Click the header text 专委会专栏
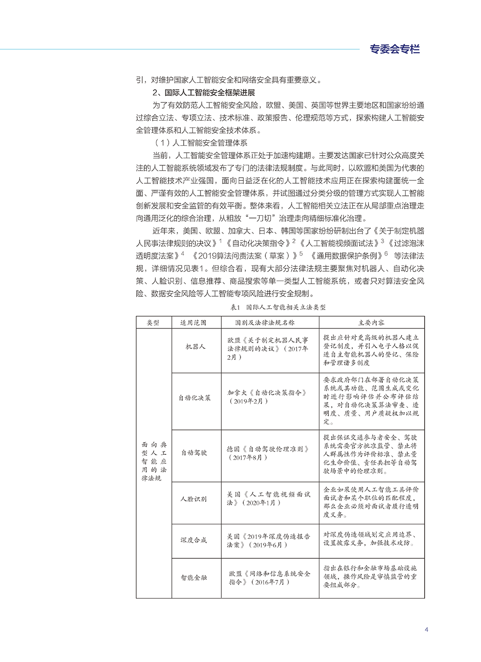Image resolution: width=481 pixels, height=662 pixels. pyautogui.click(x=395, y=49)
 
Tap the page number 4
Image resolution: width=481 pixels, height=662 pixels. pyautogui.click(x=426, y=630)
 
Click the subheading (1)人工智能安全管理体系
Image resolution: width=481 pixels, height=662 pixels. pyautogui.click(x=201, y=143)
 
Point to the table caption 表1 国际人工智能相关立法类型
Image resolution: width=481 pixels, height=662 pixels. pyautogui.click(x=278, y=307)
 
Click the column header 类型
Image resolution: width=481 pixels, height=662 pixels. pyautogui.click(x=154, y=322)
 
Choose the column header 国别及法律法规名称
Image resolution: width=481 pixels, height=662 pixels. pyautogui.click(x=270, y=322)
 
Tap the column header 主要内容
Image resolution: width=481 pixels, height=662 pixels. pyautogui.click(x=372, y=322)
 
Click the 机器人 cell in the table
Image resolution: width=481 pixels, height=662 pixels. pyautogui.click(x=196, y=347)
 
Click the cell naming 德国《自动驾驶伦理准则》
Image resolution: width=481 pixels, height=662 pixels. pyautogui.click(x=270, y=453)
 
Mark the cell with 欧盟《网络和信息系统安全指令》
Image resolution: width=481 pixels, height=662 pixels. pyautogui.click(x=270, y=578)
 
